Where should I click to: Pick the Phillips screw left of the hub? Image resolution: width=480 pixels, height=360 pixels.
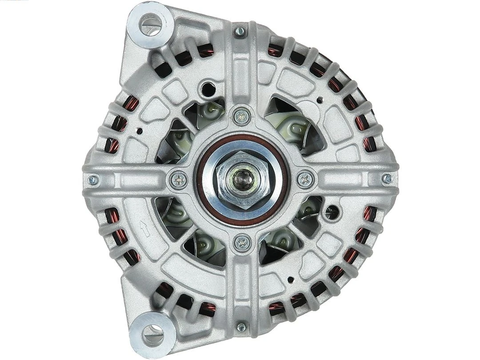click(179, 180)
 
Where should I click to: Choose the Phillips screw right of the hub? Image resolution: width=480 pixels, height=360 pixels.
click(305, 179)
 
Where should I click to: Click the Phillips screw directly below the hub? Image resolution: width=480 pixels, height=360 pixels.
click(242, 242)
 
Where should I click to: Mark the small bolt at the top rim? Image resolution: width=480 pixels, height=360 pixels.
click(240, 31)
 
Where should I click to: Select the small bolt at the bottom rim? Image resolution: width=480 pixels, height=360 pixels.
click(241, 327)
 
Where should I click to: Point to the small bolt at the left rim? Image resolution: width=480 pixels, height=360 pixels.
click(93, 180)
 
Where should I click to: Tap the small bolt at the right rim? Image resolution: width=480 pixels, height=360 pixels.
click(388, 179)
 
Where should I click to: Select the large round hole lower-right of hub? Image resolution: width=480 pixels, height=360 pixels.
click(331, 211)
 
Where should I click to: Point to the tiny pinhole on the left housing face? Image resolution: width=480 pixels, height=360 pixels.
click(140, 131)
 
